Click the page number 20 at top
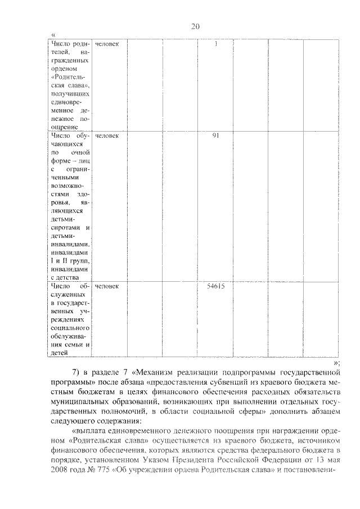(195, 26)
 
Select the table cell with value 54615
(216, 286)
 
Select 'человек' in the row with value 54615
(107, 286)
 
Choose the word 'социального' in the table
(70, 327)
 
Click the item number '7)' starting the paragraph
(79, 372)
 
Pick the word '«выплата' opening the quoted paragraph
(90, 430)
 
